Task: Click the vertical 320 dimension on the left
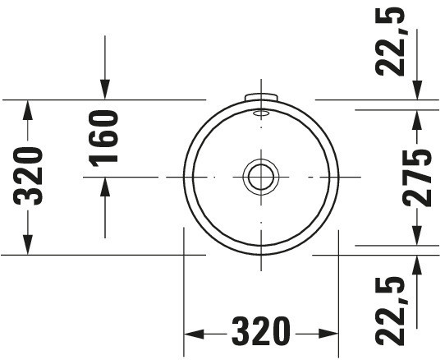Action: point(28,176)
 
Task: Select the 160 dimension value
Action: point(103,138)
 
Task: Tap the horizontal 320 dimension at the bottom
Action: point(261,331)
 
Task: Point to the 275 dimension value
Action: point(417,178)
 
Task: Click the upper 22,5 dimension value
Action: point(389,41)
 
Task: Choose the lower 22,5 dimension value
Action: point(389,312)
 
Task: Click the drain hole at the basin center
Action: point(261,177)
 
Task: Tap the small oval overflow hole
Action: point(261,113)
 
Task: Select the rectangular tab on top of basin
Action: point(261,97)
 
